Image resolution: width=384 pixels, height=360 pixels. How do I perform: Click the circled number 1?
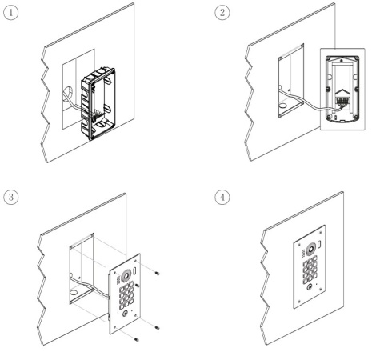(11, 13)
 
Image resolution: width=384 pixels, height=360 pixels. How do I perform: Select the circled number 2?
(222, 13)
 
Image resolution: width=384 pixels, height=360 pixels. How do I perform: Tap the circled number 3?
(11, 198)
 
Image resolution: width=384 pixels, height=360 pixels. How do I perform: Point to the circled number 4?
(222, 198)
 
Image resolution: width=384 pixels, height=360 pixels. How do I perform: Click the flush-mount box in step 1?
(98, 104)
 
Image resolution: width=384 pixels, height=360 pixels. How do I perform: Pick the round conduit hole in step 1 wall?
(69, 94)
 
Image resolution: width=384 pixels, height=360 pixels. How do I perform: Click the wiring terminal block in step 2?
(341, 102)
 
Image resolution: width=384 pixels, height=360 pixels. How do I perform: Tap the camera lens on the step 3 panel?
(125, 275)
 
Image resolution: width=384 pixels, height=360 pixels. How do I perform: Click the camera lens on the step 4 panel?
(310, 250)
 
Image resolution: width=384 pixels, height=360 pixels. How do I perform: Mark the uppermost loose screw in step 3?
(157, 273)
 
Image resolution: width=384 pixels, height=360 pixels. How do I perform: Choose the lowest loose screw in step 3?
(137, 340)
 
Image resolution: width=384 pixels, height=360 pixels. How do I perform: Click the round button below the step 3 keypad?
(125, 314)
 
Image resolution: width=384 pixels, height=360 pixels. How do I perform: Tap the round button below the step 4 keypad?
(310, 287)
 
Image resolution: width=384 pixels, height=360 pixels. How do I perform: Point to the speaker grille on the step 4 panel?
(303, 254)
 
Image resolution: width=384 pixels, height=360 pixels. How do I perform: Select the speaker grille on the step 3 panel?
(118, 280)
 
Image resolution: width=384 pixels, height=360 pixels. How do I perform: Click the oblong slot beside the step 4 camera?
(320, 243)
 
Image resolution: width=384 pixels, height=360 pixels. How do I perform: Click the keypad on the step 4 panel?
(310, 270)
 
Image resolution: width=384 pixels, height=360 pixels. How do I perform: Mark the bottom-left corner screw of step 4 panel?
(298, 302)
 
